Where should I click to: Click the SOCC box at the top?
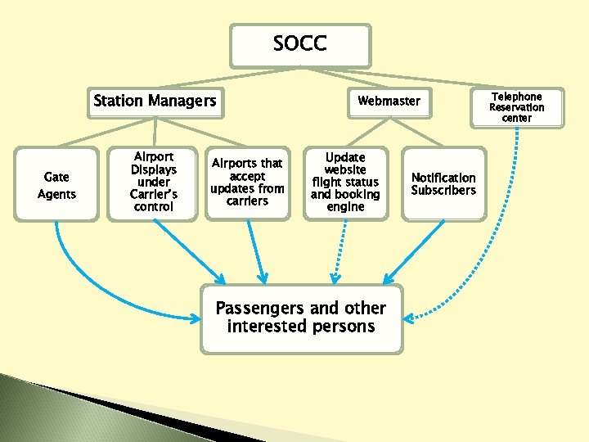pyautogui.click(x=300, y=45)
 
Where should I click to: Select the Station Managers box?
pyautogui.click(x=155, y=101)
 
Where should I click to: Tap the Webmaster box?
pyautogui.click(x=389, y=101)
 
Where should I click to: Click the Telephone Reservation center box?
pyautogui.click(x=516, y=107)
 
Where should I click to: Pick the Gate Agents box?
pyautogui.click(x=56, y=185)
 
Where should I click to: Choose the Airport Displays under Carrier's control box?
pyautogui.click(x=153, y=182)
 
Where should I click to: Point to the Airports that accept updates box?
pyautogui.click(x=247, y=182)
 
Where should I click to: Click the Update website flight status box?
pyautogui.click(x=345, y=182)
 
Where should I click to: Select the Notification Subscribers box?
pyautogui.click(x=443, y=183)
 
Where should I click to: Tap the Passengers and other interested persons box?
pyautogui.click(x=301, y=318)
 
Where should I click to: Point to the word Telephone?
pyautogui.click(x=516, y=97)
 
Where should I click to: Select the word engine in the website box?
pyautogui.click(x=345, y=207)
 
